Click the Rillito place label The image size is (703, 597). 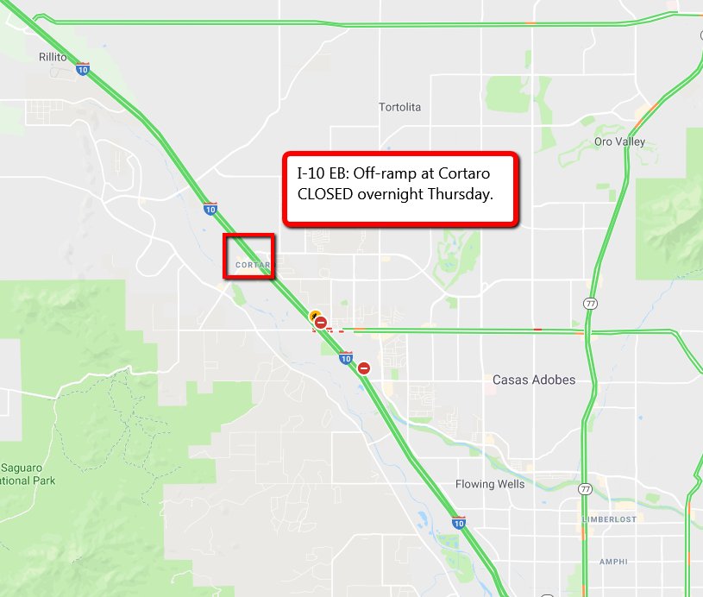[53, 57]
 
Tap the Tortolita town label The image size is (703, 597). [400, 107]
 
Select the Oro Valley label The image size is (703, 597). [619, 141]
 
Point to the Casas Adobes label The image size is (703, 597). [533, 380]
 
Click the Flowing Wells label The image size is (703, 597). [490, 484]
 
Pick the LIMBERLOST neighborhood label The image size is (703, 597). [610, 519]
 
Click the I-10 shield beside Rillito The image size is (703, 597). [83, 69]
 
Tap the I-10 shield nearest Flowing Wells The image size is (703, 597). [459, 523]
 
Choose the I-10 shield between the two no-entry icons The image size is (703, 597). [345, 357]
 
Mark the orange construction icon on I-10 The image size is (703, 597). [316, 316]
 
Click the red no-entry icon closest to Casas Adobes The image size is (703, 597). [364, 368]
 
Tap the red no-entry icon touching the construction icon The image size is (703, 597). [321, 324]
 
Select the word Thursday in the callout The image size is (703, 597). [460, 194]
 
